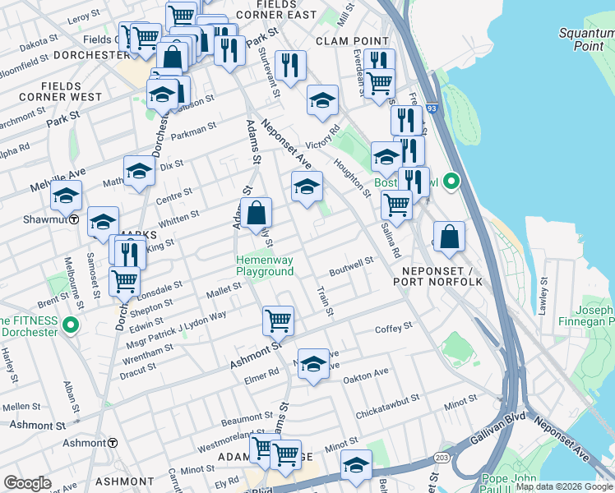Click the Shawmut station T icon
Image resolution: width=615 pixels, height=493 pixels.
point(74,219)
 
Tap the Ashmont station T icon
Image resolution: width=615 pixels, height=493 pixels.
point(113,443)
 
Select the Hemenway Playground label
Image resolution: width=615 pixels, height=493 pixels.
point(265,265)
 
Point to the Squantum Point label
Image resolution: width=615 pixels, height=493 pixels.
point(586,39)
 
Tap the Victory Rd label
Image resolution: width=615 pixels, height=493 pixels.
point(323,136)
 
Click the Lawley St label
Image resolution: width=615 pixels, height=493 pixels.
point(543,299)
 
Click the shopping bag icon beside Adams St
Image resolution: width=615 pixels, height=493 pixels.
point(257,214)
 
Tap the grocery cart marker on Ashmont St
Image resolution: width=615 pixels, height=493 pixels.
point(278,320)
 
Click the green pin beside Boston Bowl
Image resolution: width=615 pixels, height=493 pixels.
point(451,182)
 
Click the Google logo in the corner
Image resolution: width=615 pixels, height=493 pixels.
point(27,482)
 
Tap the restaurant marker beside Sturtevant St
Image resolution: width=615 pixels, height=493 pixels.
point(289,66)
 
